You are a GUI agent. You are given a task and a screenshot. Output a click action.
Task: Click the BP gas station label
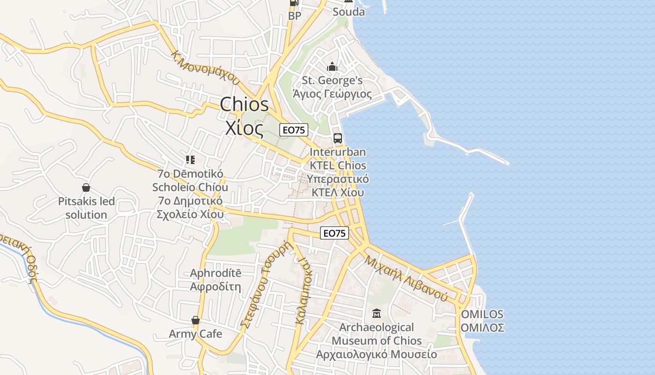click(295, 16)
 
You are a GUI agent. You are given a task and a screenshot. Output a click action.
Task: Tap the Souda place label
click(349, 12)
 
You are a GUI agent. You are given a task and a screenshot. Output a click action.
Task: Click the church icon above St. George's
click(332, 67)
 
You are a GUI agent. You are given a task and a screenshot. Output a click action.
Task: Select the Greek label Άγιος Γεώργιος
click(332, 94)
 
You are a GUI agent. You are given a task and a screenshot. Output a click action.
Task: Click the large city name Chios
click(245, 105)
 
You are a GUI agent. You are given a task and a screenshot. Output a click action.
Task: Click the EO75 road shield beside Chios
click(294, 130)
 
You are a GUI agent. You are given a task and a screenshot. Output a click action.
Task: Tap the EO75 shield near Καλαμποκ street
click(335, 232)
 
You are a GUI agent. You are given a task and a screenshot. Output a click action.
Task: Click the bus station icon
click(338, 138)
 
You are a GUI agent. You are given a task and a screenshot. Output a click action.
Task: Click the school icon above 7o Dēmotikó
click(190, 160)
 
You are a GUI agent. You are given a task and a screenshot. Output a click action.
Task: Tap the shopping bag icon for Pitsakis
click(86, 188)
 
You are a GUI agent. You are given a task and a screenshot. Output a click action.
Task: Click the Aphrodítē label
click(216, 273)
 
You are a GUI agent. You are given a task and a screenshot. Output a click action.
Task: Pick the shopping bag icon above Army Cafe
click(196, 321)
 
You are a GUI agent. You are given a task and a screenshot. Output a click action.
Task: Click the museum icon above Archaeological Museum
click(376, 313)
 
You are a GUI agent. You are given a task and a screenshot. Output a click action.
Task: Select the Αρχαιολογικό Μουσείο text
click(376, 354)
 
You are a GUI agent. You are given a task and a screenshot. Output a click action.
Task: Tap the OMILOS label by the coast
click(482, 314)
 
